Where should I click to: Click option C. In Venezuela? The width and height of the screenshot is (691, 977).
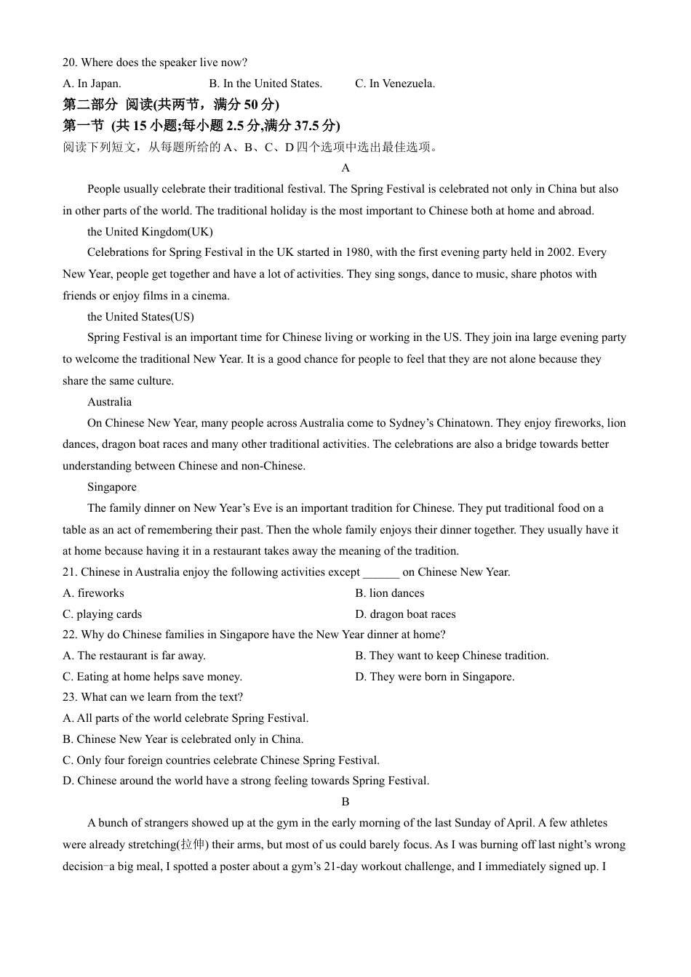click(395, 84)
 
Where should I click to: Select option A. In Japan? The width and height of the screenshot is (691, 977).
click(92, 84)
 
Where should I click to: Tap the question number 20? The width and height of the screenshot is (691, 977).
click(70, 63)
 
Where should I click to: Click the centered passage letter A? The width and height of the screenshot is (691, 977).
click(345, 168)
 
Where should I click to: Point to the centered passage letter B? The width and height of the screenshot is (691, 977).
click(345, 802)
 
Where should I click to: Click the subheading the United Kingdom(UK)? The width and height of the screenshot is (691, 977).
click(150, 232)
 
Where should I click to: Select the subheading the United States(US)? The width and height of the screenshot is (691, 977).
click(140, 317)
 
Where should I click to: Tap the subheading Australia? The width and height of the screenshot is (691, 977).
click(109, 402)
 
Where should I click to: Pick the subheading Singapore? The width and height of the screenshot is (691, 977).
click(111, 487)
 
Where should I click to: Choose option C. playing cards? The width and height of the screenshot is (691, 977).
click(103, 614)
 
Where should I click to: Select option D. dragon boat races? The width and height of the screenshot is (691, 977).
click(405, 614)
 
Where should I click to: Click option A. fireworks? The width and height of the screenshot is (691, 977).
click(94, 593)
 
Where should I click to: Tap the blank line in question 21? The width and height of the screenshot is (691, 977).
click(381, 572)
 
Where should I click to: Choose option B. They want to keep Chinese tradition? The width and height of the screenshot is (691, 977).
click(452, 656)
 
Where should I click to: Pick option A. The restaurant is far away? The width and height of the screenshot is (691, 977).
click(135, 656)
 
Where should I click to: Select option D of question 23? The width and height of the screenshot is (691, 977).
click(246, 781)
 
